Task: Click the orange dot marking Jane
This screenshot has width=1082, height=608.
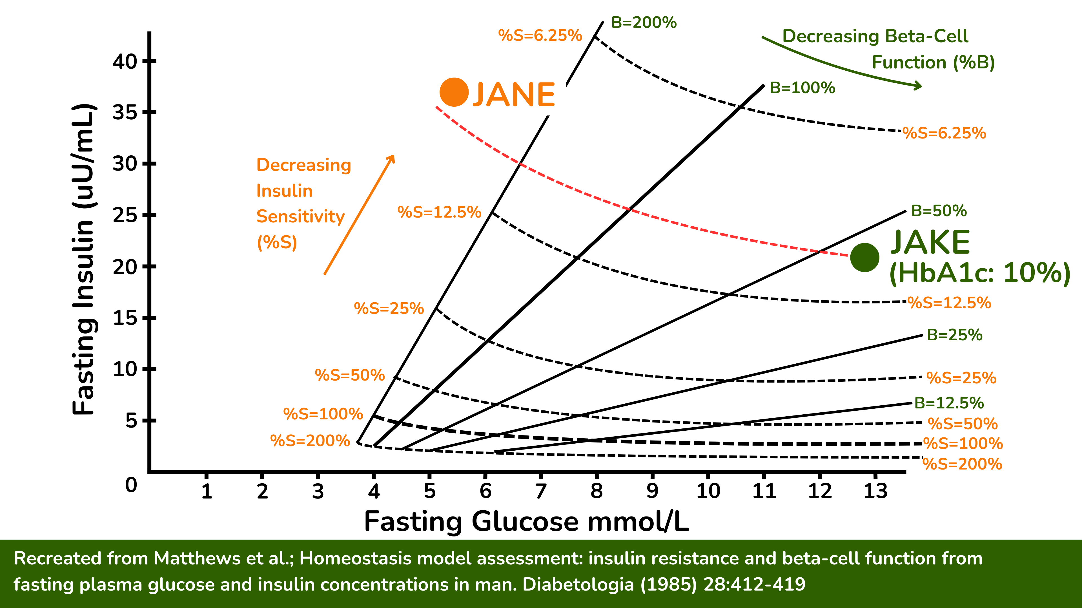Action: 454,92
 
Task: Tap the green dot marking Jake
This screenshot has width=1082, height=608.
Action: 865,258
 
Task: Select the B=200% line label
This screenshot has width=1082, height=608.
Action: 644,23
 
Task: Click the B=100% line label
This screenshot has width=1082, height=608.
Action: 802,88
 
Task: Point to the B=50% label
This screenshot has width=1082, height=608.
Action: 939,211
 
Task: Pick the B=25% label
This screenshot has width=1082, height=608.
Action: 954,335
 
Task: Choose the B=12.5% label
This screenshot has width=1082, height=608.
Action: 949,403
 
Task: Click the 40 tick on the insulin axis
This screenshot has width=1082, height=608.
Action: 125,62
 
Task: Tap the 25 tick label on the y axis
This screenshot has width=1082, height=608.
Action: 125,216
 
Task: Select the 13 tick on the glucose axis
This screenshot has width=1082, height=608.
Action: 875,491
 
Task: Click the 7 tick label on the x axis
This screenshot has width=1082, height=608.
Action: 541,491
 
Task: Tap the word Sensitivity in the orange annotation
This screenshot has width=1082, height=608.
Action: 300,216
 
